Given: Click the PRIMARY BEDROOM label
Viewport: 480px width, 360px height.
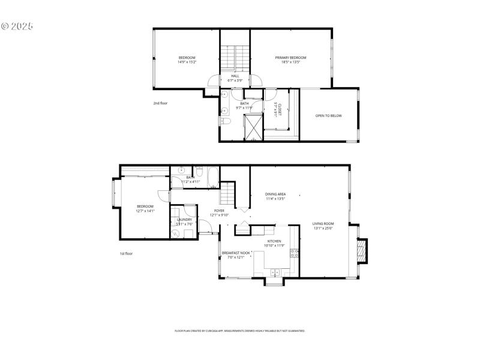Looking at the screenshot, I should point(290,58).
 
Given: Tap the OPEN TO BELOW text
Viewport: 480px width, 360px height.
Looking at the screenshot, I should point(328,116).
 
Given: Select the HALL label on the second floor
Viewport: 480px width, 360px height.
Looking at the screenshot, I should point(235,76).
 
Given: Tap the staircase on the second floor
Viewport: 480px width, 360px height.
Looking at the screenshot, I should point(235,58).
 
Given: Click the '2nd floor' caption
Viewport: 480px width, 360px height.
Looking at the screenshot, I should point(160,103).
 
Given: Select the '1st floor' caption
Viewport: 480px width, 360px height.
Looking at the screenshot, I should point(125,254).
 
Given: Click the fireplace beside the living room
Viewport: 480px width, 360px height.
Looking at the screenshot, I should point(361,251).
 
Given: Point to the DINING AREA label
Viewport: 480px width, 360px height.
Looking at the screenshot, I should point(275,194).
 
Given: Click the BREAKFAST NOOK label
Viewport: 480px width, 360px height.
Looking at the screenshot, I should point(236,253).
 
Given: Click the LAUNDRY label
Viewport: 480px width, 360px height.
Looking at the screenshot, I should point(184,220).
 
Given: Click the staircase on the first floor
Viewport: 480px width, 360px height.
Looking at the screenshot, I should point(227,194).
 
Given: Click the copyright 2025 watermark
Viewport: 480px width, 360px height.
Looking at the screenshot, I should point(17,26).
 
